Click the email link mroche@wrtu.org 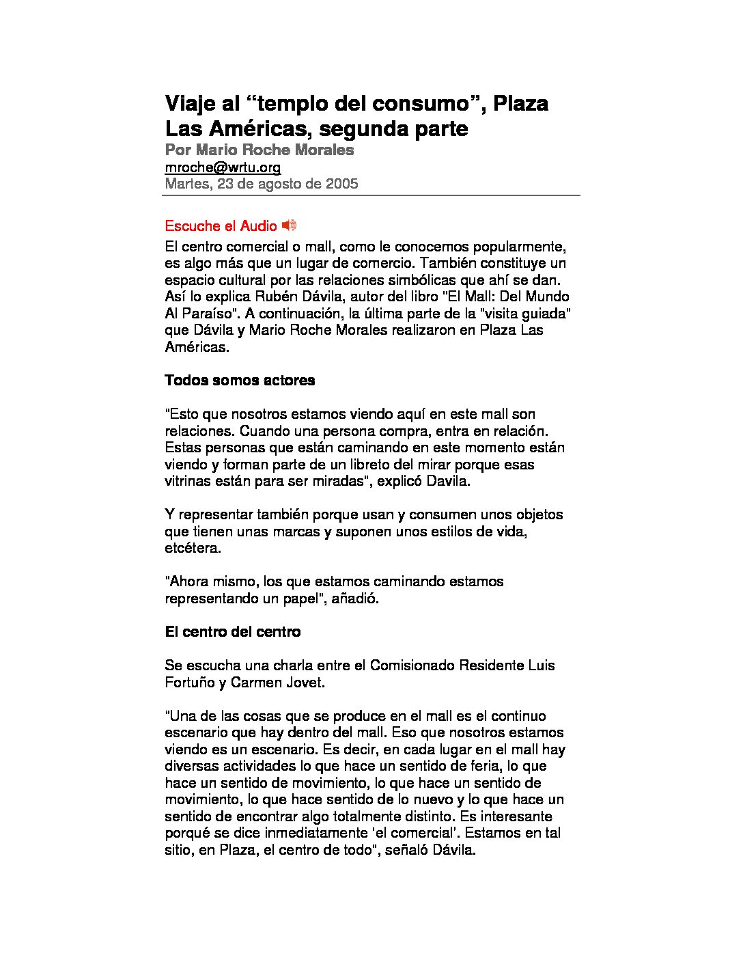pos(223,167)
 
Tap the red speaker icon pos(289,225)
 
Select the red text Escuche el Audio pos(221,226)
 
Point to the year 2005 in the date pos(341,184)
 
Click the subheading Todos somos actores pos(240,381)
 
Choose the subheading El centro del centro pos(232,632)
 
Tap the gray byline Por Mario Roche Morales pos(260,150)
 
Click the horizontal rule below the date pos(371,195)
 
